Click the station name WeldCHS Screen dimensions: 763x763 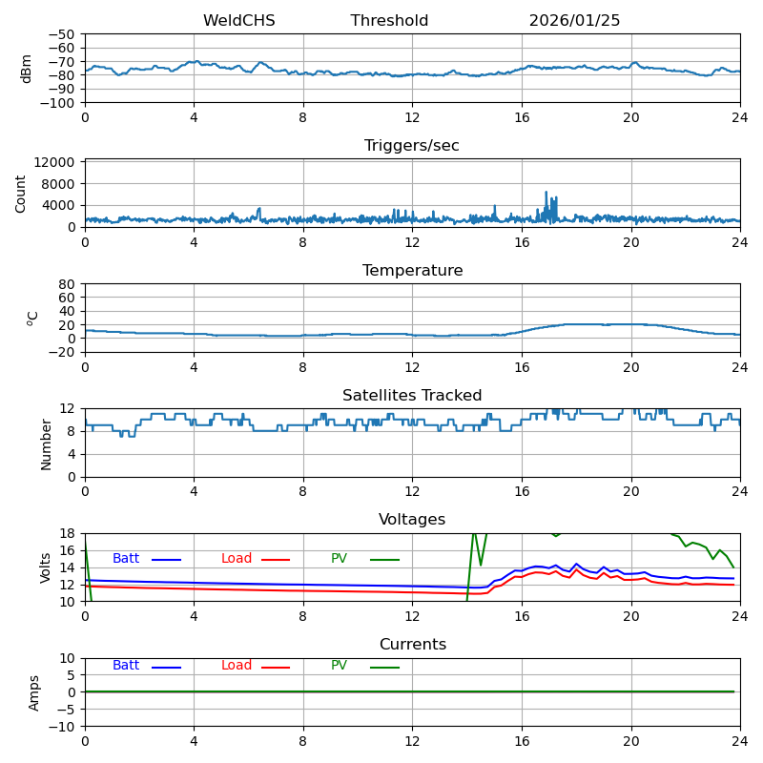[238, 21]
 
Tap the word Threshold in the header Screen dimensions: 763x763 [389, 21]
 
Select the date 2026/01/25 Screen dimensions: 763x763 [574, 21]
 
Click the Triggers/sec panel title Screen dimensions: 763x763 [412, 146]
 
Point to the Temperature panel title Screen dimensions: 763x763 [412, 271]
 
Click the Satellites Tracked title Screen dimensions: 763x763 [412, 396]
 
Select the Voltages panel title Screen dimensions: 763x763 [412, 520]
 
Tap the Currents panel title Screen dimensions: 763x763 [412, 645]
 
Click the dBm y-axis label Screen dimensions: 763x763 [27, 69]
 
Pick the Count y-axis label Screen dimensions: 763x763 [21, 193]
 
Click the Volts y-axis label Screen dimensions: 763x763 [46, 567]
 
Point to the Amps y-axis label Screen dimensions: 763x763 [34, 692]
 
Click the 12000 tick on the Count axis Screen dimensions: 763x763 [56, 163]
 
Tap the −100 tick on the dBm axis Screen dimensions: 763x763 [55, 103]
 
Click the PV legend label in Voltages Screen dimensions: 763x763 [339, 559]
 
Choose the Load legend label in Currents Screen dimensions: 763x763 [237, 666]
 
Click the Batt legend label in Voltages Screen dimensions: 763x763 [126, 559]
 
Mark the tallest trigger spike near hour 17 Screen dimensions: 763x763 [546, 193]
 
